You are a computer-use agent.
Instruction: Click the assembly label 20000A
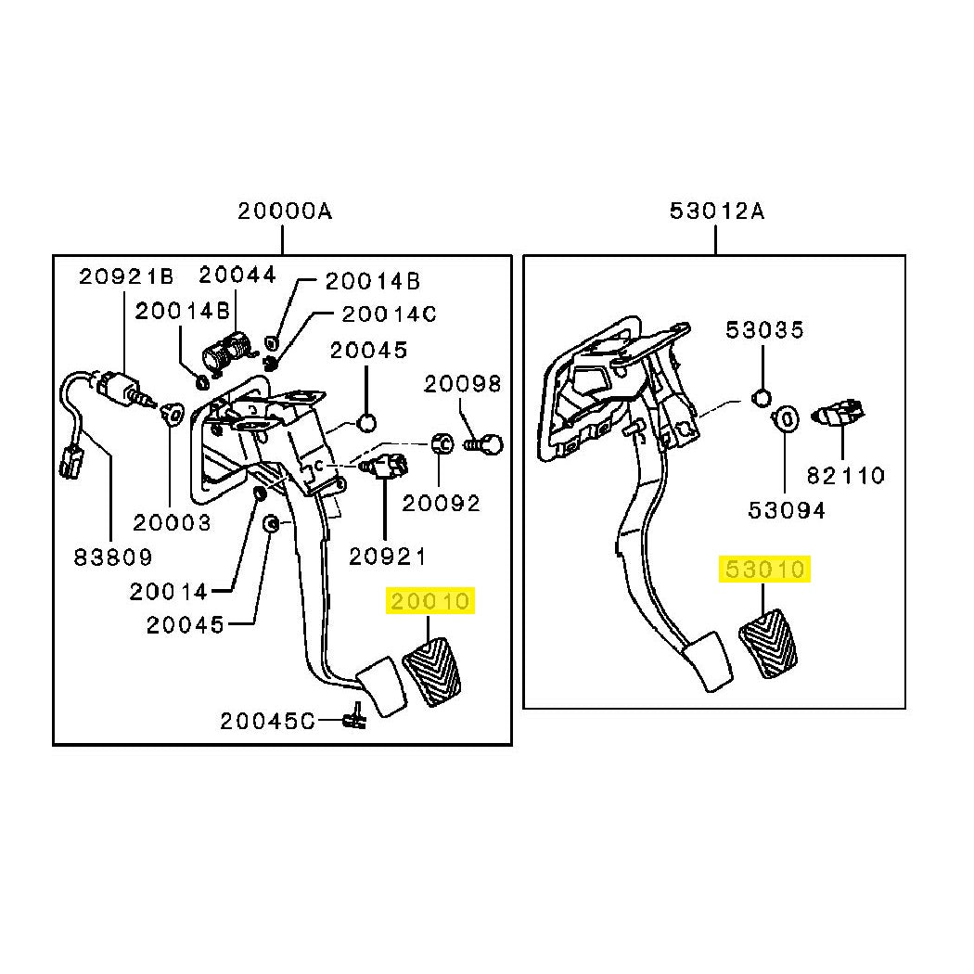point(285,211)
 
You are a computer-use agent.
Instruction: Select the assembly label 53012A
point(717,211)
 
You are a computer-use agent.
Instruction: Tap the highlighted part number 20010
point(429,601)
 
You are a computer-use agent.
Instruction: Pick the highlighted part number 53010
point(764,569)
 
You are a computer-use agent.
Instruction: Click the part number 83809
point(113,557)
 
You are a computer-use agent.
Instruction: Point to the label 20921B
point(127,276)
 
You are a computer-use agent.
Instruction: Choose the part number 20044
point(237,275)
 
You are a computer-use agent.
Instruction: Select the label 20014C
point(389,314)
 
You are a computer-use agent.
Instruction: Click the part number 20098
point(462,385)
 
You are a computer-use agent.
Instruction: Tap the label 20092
point(441,503)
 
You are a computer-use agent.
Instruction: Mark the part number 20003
point(172,523)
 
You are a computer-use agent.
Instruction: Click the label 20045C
point(268,721)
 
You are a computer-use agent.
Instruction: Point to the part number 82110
point(845,476)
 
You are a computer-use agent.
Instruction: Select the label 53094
point(787,510)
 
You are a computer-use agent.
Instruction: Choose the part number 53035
point(764,330)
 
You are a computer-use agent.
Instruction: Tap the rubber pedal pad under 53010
point(768,645)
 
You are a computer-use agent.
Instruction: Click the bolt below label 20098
point(483,444)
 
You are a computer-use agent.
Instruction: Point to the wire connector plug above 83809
point(71,465)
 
